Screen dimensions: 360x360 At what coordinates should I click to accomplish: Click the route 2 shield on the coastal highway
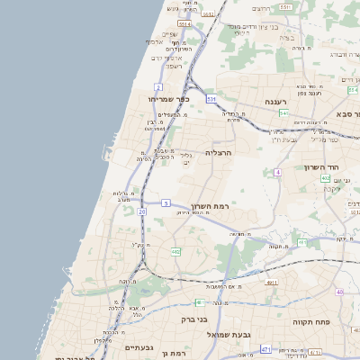tap(157, 87)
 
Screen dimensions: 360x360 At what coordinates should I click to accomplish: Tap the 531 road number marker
tap(211, 98)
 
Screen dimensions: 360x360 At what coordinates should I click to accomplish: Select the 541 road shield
tap(283, 113)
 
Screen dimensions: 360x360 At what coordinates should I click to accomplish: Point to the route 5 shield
tap(166, 203)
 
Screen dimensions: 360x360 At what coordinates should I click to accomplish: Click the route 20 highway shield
tap(142, 211)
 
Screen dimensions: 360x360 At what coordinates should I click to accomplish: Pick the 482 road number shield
tap(175, 251)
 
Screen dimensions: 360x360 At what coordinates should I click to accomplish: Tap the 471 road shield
tap(265, 348)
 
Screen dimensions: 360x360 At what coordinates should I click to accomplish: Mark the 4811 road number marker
tap(272, 282)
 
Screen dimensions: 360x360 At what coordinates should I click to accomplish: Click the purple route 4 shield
tap(278, 171)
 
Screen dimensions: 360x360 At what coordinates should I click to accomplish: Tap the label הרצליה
tap(219, 153)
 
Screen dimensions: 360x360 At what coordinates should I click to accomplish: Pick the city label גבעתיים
tap(139, 347)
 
